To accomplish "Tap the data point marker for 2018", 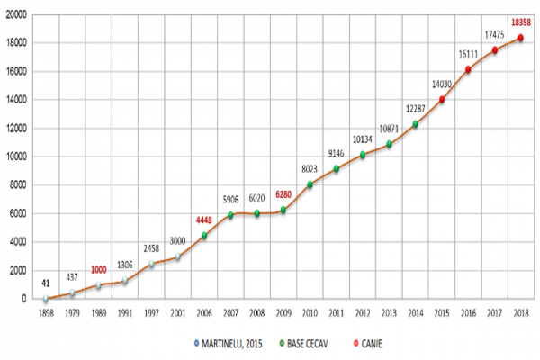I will click(x=520, y=38).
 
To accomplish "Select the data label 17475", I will click(x=492, y=34).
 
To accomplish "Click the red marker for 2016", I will click(x=468, y=69).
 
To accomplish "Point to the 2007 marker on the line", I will click(x=230, y=215).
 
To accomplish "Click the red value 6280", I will click(x=283, y=193).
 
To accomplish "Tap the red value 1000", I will click(x=98, y=270).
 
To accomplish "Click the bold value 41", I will click(x=45, y=283).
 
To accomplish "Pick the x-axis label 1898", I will click(x=45, y=313).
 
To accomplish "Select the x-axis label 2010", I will click(x=310, y=313).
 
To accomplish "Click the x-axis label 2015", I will click(x=442, y=313).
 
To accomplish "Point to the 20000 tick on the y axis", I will click(x=17, y=14).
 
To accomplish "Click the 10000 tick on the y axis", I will click(x=17, y=157).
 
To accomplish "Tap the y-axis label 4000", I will click(x=20, y=242).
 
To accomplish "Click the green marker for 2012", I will click(x=363, y=155).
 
